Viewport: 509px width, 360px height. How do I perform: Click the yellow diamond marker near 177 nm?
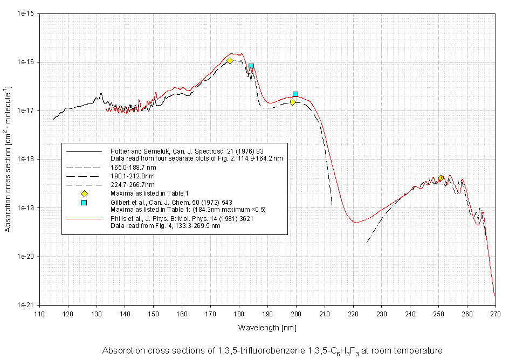[230, 60]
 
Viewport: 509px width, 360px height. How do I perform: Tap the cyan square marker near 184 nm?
[251, 66]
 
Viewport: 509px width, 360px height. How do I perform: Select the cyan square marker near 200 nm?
[295, 94]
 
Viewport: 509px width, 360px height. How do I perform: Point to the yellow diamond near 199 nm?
[293, 102]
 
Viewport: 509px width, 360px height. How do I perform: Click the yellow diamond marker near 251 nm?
[441, 178]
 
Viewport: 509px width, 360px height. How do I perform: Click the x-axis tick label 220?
[353, 313]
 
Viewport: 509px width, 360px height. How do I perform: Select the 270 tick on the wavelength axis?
[496, 313]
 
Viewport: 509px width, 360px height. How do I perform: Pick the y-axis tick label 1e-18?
[25, 160]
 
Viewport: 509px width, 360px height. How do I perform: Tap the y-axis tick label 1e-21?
[25, 305]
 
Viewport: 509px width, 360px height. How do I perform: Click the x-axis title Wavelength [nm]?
[267, 327]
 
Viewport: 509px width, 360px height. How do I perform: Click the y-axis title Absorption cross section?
[8, 159]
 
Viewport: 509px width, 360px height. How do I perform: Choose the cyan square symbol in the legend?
[84, 203]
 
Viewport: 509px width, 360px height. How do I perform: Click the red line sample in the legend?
[84, 219]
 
